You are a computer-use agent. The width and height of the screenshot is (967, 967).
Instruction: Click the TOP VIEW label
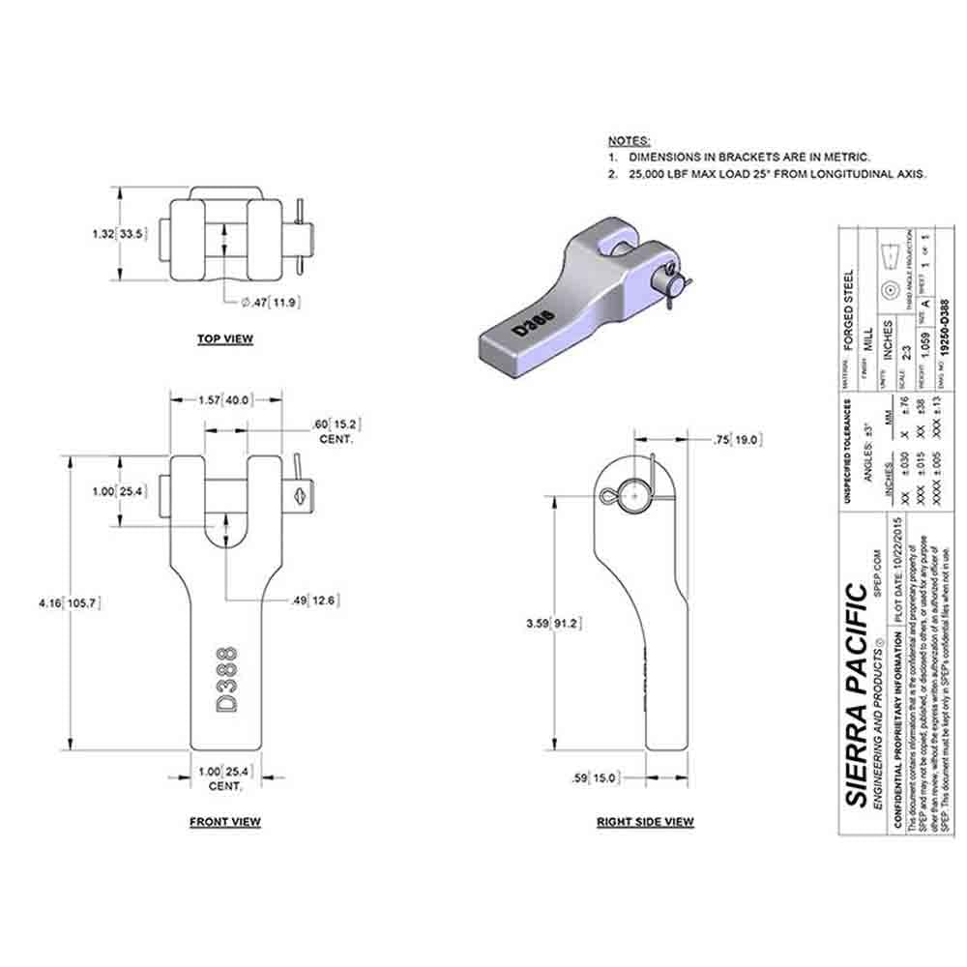coord(224,338)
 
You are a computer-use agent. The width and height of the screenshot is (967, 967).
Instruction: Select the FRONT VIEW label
coord(224,822)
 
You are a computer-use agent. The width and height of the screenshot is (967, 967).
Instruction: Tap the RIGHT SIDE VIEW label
coord(645,822)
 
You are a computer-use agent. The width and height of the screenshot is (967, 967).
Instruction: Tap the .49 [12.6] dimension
coord(315,601)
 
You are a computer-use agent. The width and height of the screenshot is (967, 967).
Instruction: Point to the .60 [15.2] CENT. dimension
coord(334,431)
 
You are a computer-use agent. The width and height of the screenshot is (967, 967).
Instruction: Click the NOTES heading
coord(629,140)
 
